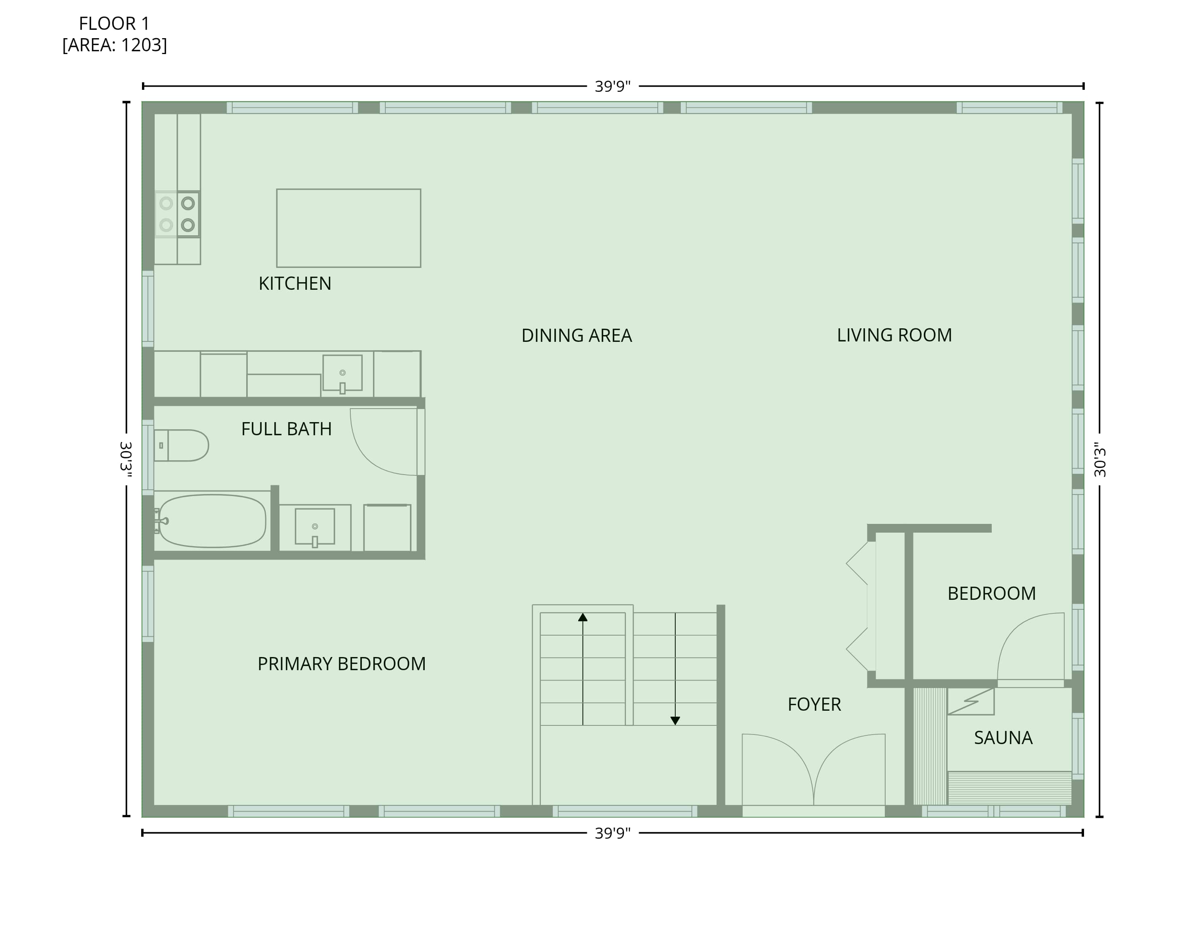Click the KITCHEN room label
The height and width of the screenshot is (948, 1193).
point(295,284)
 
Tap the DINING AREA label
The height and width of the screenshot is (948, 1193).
point(577,336)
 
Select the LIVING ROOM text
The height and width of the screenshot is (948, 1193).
point(894,335)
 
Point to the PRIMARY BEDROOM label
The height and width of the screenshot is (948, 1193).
point(342,664)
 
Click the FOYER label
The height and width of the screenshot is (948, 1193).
point(814,705)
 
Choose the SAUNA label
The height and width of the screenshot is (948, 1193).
point(1003,738)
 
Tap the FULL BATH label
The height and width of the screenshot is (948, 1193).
point(286,429)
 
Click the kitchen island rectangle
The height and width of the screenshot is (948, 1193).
point(349,228)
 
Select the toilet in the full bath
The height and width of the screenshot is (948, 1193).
point(181,445)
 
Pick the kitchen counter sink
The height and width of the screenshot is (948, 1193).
point(342,374)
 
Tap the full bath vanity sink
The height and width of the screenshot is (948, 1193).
point(315,527)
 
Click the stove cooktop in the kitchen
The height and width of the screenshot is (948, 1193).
point(177,214)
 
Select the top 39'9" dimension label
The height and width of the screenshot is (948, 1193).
point(612,87)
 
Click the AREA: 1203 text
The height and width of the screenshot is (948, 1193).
point(115,45)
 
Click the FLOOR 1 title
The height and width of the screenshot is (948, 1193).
point(115,24)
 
